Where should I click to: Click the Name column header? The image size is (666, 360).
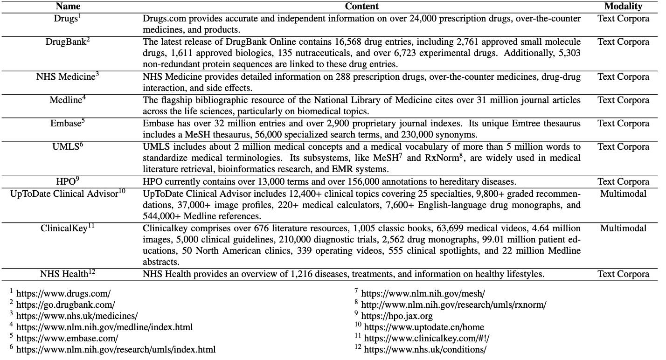[68, 7]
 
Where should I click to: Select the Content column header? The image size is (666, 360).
[361, 7]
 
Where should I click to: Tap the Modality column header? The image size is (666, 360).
[623, 7]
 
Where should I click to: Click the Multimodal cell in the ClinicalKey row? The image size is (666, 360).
[623, 228]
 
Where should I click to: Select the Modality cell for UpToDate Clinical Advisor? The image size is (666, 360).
[623, 194]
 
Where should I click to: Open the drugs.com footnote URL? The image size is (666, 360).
[63, 294]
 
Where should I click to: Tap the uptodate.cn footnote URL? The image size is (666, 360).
[424, 327]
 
